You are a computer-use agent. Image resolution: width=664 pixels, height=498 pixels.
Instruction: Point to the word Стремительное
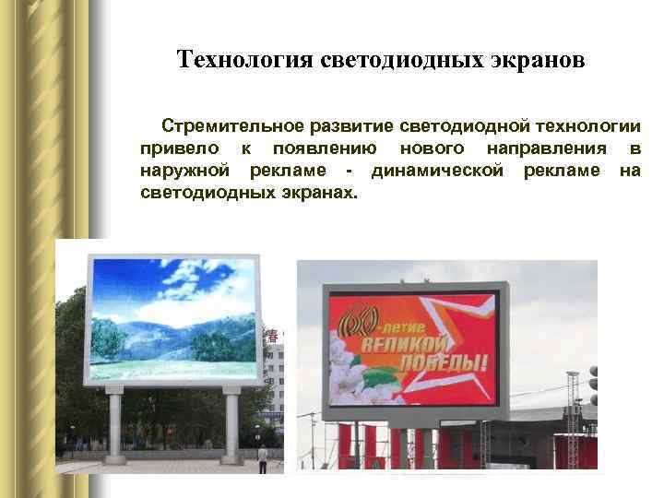(226, 125)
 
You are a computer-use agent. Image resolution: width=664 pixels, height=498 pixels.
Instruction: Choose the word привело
(179, 148)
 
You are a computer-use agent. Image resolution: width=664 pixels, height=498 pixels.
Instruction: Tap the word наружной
(186, 172)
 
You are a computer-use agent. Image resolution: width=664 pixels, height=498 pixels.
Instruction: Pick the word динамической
(437, 172)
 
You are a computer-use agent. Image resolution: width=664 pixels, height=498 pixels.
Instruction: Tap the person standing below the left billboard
(263, 458)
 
